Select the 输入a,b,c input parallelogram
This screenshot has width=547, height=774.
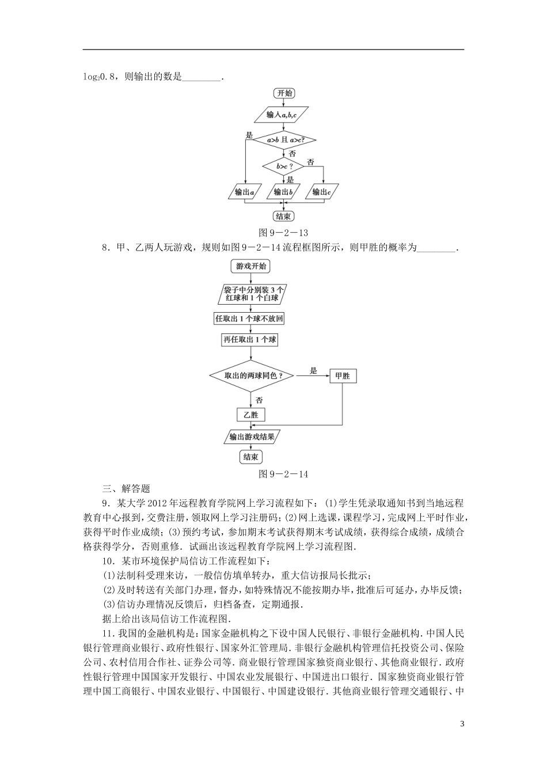pyautogui.click(x=282, y=115)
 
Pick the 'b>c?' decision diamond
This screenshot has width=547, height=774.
pyautogui.click(x=283, y=166)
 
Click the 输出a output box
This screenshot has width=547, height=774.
pyautogui.click(x=245, y=192)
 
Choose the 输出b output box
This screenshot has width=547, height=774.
pyautogui.click(x=283, y=192)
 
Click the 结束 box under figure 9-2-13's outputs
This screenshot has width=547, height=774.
pyautogui.click(x=283, y=216)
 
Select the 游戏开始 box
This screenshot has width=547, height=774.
pyautogui.click(x=251, y=267)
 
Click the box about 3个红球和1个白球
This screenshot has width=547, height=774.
pyautogui.click(x=251, y=294)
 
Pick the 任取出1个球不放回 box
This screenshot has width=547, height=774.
pyautogui.click(x=249, y=318)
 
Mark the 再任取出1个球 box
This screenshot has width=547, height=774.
pyautogui.click(x=249, y=340)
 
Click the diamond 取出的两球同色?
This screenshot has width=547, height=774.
pyautogui.click(x=251, y=375)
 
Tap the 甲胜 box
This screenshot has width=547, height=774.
pyautogui.click(x=342, y=376)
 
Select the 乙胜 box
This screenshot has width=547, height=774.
pyautogui.click(x=251, y=415)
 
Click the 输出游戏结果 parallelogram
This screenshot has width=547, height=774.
pyautogui.click(x=252, y=437)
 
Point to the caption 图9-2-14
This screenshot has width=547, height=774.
pyautogui.click(x=284, y=474)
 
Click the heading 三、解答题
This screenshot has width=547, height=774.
pyautogui.click(x=126, y=489)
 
